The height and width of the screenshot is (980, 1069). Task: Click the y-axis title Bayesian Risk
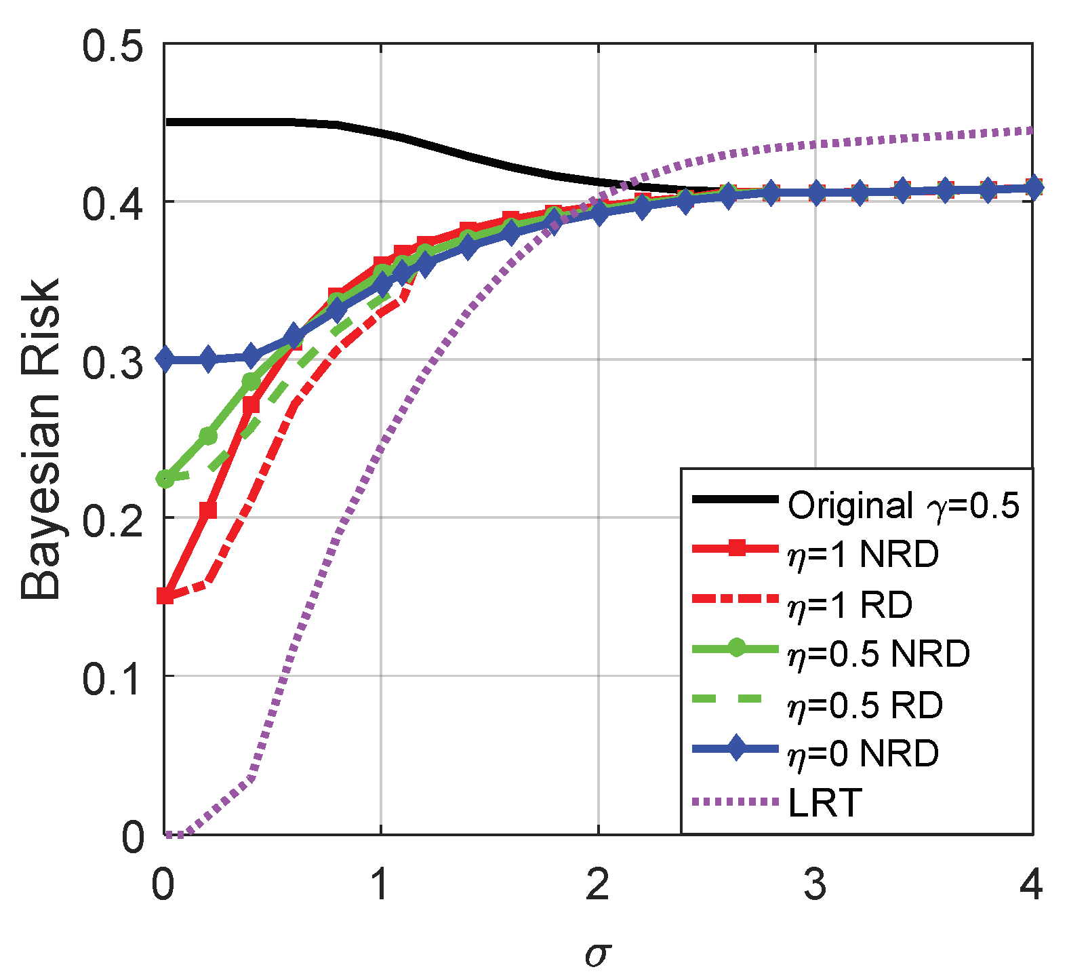[41, 439]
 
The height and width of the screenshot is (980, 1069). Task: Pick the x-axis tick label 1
[380, 884]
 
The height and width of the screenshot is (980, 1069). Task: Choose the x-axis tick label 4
[1030, 884]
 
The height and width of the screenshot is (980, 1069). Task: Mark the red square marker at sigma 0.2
[208, 510]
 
